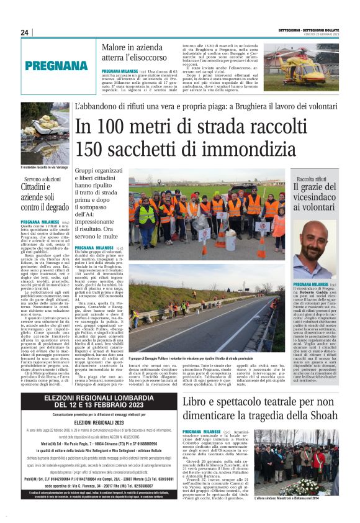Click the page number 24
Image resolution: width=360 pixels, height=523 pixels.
click(x=24, y=33)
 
